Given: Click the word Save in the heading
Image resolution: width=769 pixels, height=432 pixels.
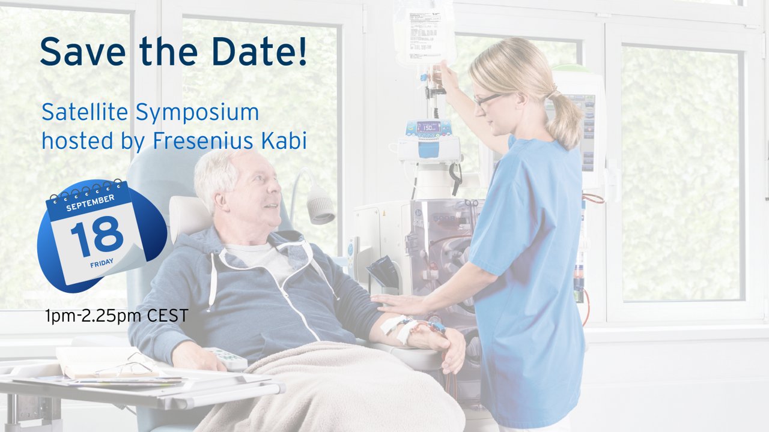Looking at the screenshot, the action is [x=83, y=51].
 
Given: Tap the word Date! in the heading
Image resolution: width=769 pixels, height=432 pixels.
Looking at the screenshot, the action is [x=259, y=51].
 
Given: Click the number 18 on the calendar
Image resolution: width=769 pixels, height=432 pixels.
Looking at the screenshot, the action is [x=97, y=236].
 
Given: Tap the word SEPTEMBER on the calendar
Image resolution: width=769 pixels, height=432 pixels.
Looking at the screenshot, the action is [x=90, y=203].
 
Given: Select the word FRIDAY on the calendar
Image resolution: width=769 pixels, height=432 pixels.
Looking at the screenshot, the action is [x=102, y=263].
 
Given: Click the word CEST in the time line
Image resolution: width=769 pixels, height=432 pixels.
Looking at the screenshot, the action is [x=168, y=316].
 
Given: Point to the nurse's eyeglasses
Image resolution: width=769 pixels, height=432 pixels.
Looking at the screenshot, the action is [x=487, y=100].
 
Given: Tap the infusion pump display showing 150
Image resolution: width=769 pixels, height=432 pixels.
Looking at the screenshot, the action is [x=428, y=127].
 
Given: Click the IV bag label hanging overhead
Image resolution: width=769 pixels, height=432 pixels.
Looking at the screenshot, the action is [x=424, y=33].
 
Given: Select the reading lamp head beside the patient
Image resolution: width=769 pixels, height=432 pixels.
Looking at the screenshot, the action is [x=321, y=205].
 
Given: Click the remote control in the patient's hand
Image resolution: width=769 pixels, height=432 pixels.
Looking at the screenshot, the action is [x=226, y=358].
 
